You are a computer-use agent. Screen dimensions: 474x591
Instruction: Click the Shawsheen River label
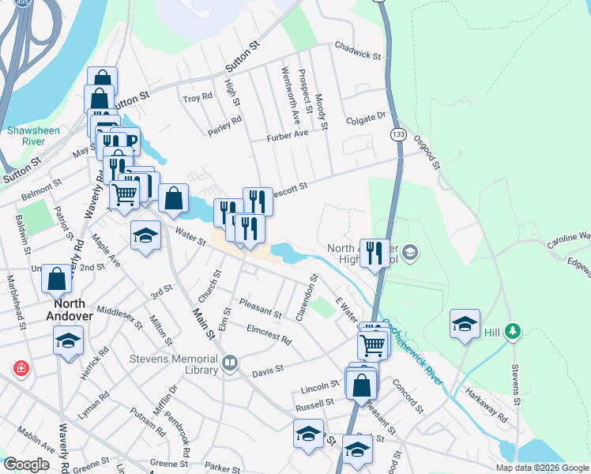click(27, 136)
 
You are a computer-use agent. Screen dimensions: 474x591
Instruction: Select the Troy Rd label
click(198, 97)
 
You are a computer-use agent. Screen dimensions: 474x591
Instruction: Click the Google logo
click(26, 464)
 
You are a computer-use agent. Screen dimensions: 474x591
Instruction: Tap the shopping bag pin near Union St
click(57, 278)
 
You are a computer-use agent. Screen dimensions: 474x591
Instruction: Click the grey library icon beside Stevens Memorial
click(230, 363)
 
